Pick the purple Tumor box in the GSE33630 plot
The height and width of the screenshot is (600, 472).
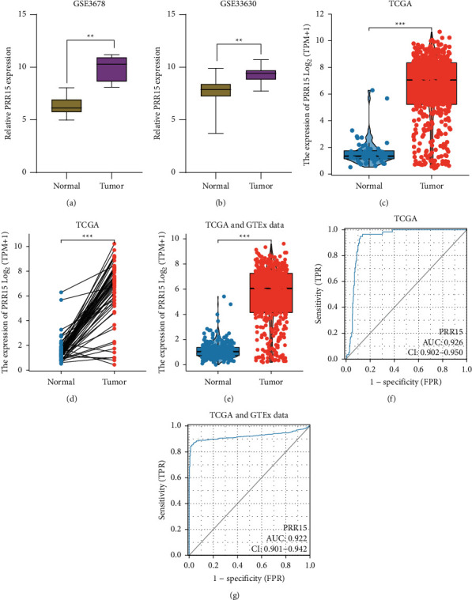point(261,75)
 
